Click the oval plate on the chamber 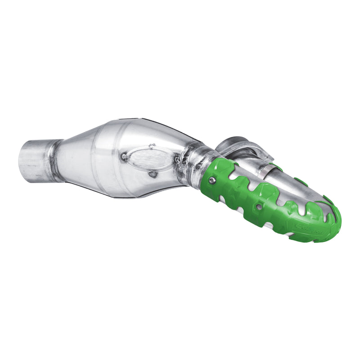tap(149, 158)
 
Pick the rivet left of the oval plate tap(124, 157)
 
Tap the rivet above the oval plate tap(152, 146)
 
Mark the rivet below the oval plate tap(153, 173)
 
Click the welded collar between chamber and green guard tap(196, 167)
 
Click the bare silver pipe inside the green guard tap(292, 189)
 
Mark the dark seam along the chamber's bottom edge tap(135, 194)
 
